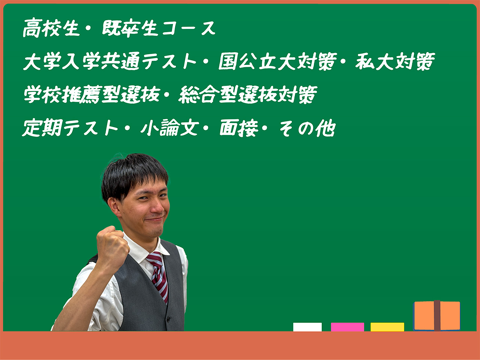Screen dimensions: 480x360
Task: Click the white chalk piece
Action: click(307, 327)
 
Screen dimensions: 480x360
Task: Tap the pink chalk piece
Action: click(347, 327)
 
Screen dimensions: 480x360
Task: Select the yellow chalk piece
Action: click(387, 327)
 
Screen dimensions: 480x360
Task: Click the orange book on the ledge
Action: click(437, 316)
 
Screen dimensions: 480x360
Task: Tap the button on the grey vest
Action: click(168, 319)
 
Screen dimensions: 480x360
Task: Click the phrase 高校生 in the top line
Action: click(51, 28)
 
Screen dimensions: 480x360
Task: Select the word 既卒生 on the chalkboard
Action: click(130, 28)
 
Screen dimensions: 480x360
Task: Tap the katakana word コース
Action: click(189, 28)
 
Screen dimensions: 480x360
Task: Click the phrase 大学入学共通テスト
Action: click(110, 61)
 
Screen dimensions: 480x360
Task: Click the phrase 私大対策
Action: click(395, 61)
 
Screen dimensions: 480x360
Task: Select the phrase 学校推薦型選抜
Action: click(92, 94)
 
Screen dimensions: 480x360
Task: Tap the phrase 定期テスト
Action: click(70, 128)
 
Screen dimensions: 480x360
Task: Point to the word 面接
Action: click(239, 128)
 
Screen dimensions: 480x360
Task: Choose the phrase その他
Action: click(307, 128)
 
